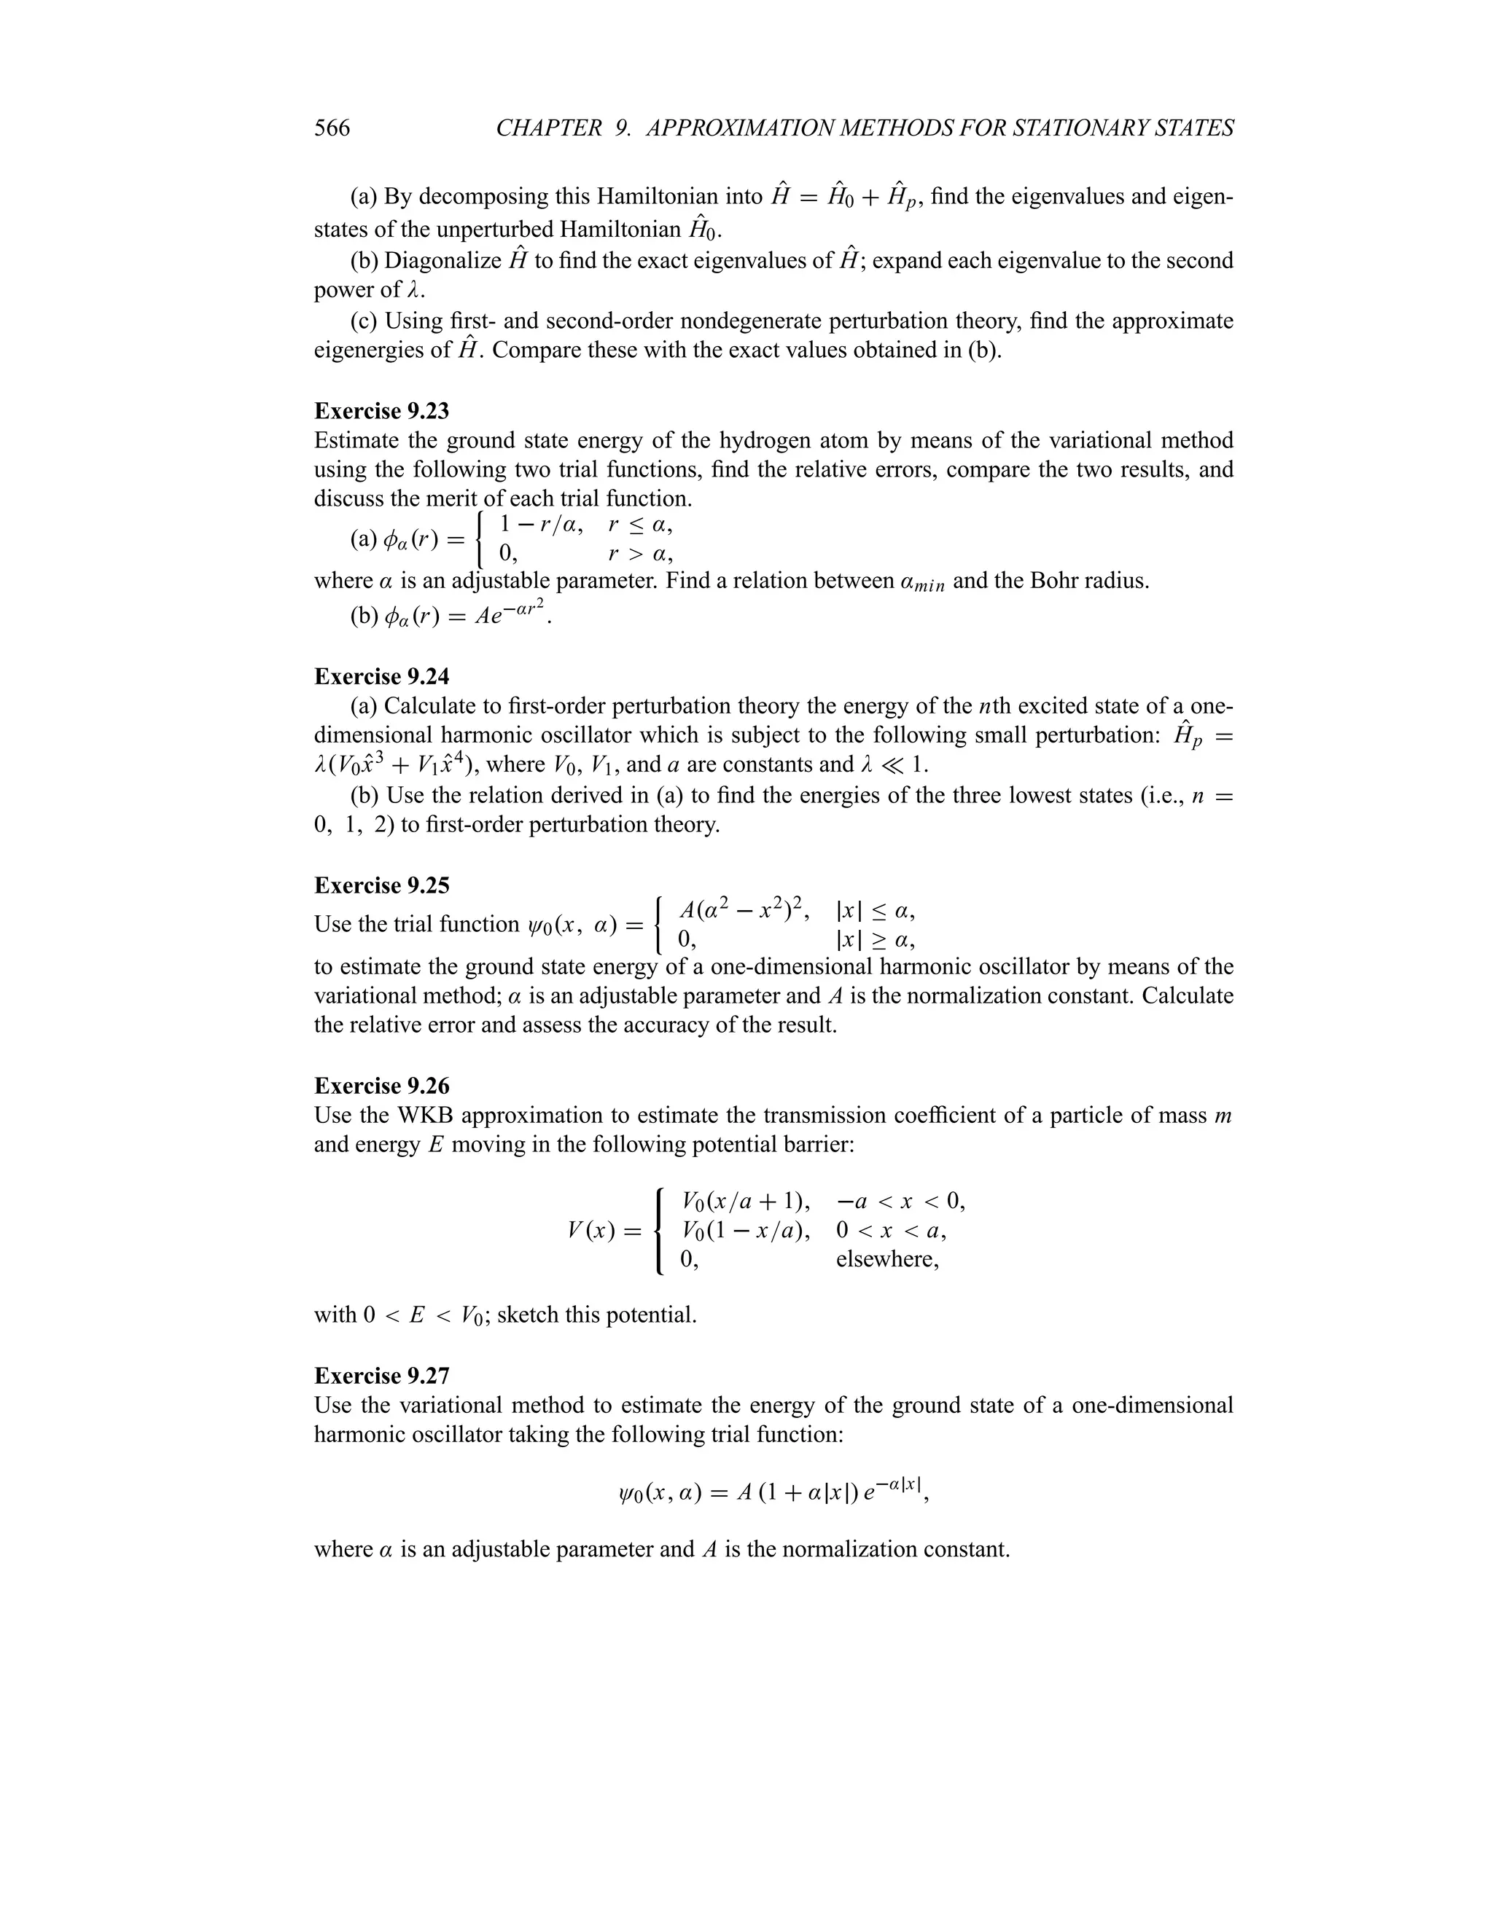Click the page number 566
[x=332, y=129]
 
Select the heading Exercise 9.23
[x=381, y=411]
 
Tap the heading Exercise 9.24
[x=381, y=676]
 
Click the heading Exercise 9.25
[x=381, y=886]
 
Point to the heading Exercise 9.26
[x=381, y=1086]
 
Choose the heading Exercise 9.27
[x=381, y=1376]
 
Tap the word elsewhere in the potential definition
[x=887, y=1259]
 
